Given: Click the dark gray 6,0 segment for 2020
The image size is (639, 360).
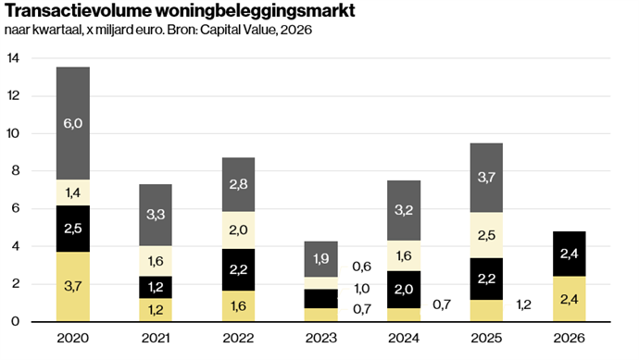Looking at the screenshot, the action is tap(73, 123).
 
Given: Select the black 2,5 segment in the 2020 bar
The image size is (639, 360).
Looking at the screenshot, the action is tap(73, 229).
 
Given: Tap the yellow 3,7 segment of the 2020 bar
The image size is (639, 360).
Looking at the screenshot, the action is tap(73, 287).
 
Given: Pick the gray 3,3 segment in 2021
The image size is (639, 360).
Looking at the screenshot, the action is tap(156, 215).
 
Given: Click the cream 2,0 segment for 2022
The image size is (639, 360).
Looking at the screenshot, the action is tap(238, 230).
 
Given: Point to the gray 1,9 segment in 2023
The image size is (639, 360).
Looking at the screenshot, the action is tap(321, 259).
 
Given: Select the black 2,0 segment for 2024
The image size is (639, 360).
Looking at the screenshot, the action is tap(404, 290).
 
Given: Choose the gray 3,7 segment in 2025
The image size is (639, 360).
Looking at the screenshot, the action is tap(486, 178).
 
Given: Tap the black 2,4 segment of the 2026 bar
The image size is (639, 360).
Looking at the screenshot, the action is tap(570, 254).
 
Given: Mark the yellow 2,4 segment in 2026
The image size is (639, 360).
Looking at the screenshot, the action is tap(570, 299).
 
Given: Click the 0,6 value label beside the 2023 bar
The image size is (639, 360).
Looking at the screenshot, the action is tap(362, 267).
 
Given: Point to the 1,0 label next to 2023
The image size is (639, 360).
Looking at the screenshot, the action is tap(362, 289).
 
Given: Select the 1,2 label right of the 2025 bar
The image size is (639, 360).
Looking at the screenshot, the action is tap(523, 304).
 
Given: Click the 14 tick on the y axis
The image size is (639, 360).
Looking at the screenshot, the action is tap(13, 58).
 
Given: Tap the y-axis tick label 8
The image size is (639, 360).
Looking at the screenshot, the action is tap(16, 170).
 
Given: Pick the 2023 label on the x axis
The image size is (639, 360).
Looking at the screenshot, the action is tap(321, 338).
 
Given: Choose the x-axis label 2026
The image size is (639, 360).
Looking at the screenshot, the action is tap(570, 338).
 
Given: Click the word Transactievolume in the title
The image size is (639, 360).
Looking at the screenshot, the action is tap(78, 11).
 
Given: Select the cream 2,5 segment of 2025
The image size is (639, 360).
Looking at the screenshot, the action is tap(486, 235).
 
